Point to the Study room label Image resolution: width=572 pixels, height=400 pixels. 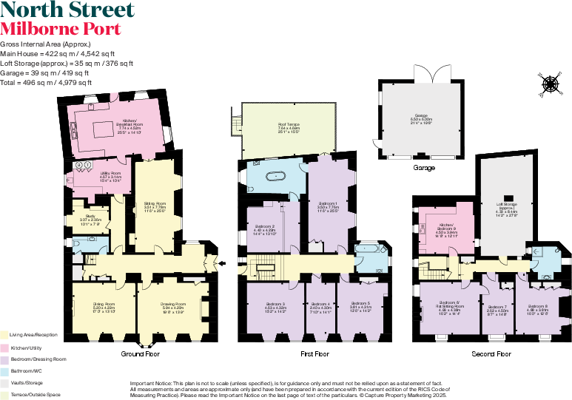90,217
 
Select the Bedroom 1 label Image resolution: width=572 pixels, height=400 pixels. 328,204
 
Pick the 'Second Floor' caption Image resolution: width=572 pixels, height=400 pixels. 492,354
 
